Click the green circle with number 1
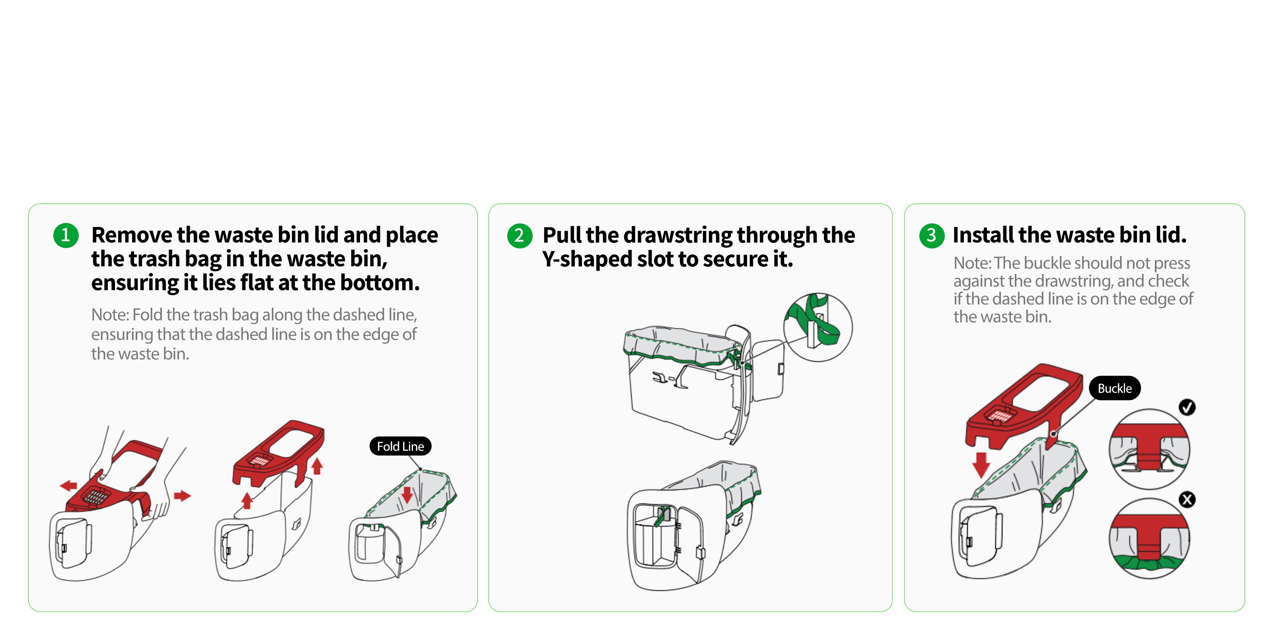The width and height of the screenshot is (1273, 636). (x=66, y=236)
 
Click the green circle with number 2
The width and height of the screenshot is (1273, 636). (x=520, y=236)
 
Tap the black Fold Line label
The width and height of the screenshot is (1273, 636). (x=400, y=446)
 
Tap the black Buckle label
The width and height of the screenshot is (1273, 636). (x=1114, y=389)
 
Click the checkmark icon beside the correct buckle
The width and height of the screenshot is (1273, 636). (x=1187, y=407)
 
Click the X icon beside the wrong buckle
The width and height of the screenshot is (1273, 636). (x=1187, y=500)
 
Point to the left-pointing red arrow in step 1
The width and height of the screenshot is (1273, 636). (x=69, y=485)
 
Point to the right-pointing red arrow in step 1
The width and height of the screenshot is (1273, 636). (x=182, y=495)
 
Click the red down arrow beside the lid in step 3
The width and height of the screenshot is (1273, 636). (x=981, y=465)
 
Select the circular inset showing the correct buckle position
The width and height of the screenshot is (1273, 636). (x=1149, y=449)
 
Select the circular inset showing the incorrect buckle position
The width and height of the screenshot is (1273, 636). (x=1149, y=538)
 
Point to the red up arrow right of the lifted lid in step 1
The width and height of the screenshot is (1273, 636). (x=317, y=465)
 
